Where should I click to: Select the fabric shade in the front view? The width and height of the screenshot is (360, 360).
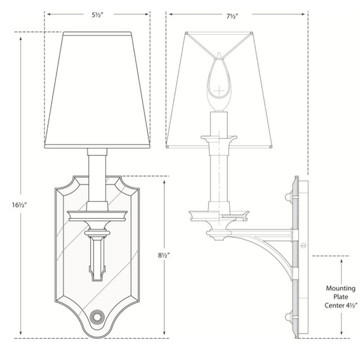pyautogui.click(x=97, y=90)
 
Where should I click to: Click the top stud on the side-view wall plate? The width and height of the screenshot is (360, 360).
pyautogui.click(x=289, y=195)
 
